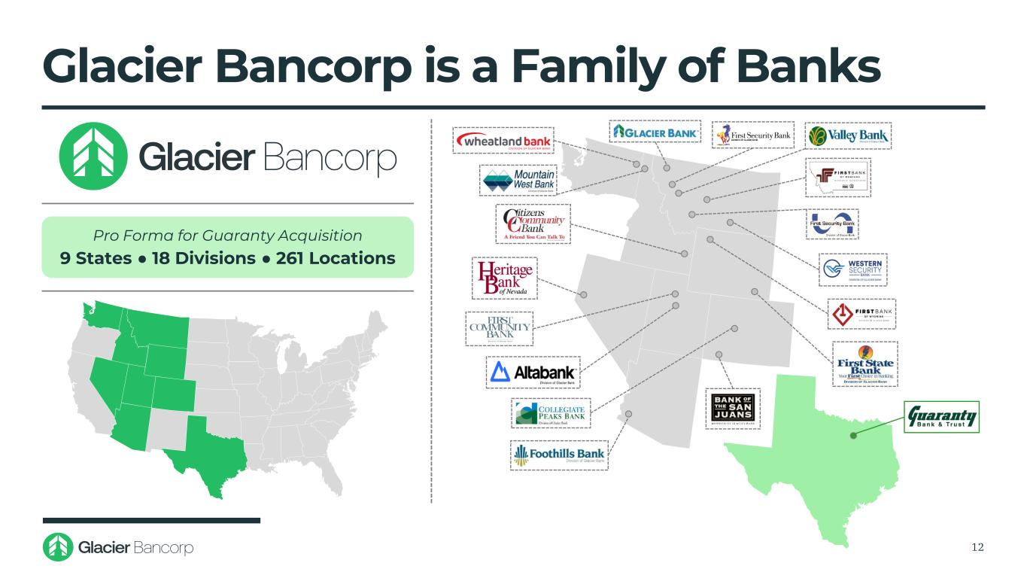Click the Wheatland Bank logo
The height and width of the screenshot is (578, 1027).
(x=503, y=141)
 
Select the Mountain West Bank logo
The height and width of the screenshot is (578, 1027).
(x=524, y=181)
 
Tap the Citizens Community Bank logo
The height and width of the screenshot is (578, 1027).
(x=533, y=224)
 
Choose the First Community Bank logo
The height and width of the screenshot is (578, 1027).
(x=499, y=328)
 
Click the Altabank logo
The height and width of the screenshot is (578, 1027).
(x=533, y=373)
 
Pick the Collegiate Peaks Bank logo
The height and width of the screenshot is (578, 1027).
(x=551, y=413)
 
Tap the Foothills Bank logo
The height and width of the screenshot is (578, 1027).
(x=559, y=455)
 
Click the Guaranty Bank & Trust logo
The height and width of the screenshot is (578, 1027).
(x=942, y=417)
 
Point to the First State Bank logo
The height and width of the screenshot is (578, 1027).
(x=864, y=364)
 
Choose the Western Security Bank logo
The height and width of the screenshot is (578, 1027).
(x=853, y=269)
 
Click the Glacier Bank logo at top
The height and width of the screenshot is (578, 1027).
(x=655, y=132)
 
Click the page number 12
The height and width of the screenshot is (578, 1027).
(x=977, y=546)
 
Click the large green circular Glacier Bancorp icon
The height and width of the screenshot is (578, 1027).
(x=87, y=157)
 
